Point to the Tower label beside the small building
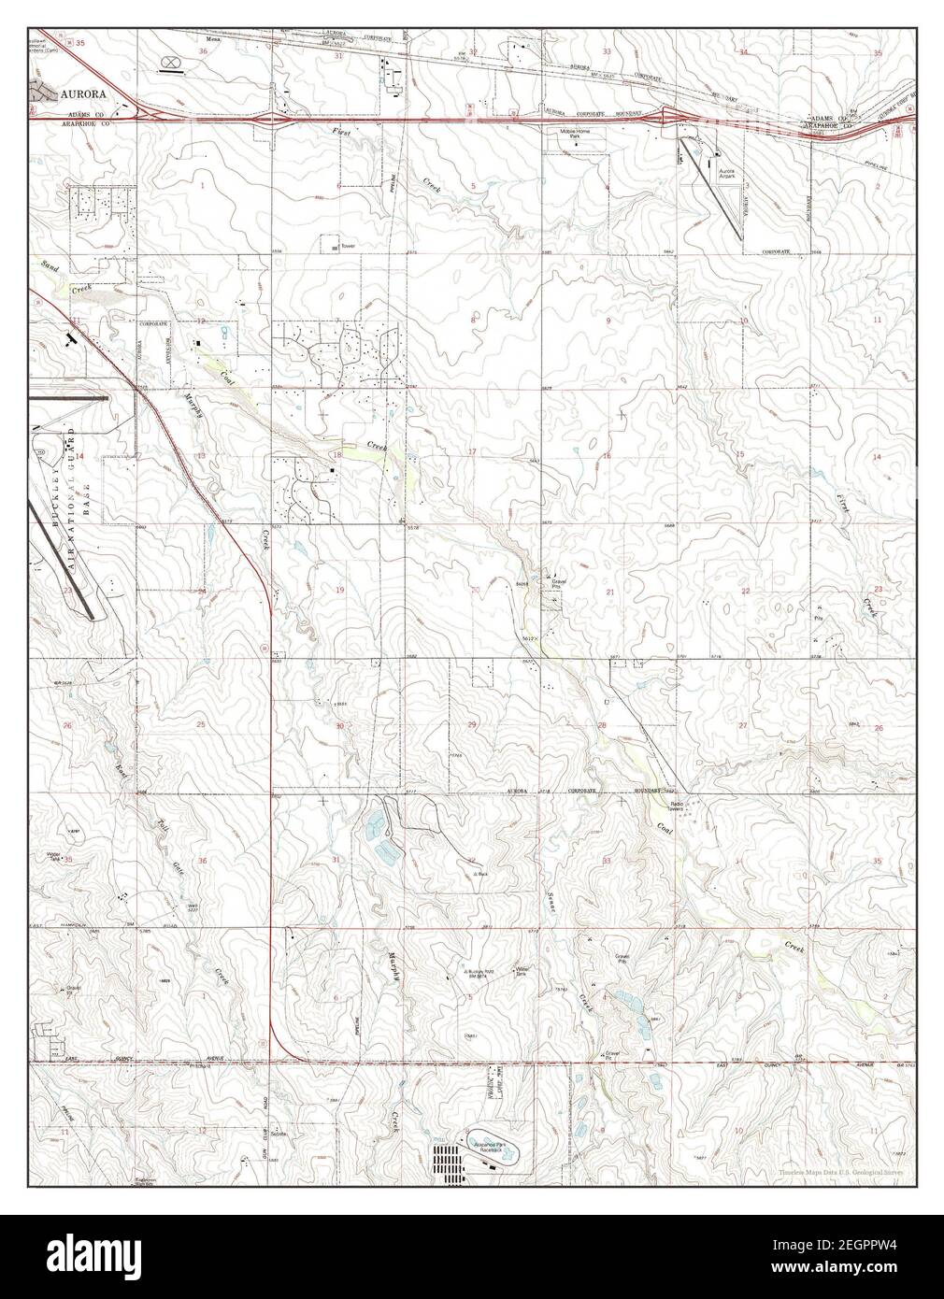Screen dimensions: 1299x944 point(349,247)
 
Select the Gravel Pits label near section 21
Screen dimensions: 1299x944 point(561,583)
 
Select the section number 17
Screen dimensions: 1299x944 point(472,452)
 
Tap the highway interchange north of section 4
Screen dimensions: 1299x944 point(669,116)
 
